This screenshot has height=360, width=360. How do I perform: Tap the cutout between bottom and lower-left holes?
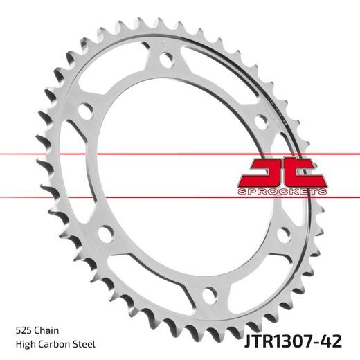coord(138,273)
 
